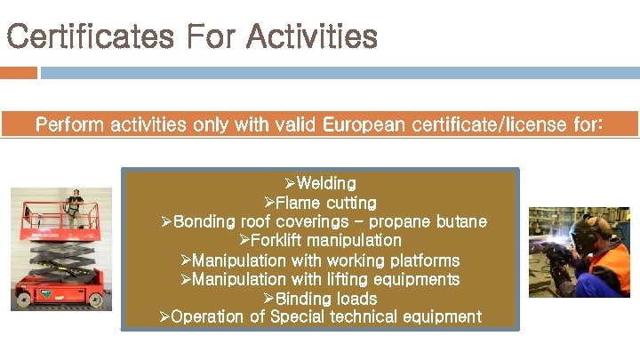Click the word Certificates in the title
[x=89, y=37]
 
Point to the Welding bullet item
[x=325, y=184]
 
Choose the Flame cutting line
[x=325, y=204]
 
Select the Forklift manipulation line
[x=325, y=241]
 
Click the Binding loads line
[x=325, y=299]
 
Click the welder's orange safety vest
[x=613, y=267]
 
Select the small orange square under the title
[x=19, y=73]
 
